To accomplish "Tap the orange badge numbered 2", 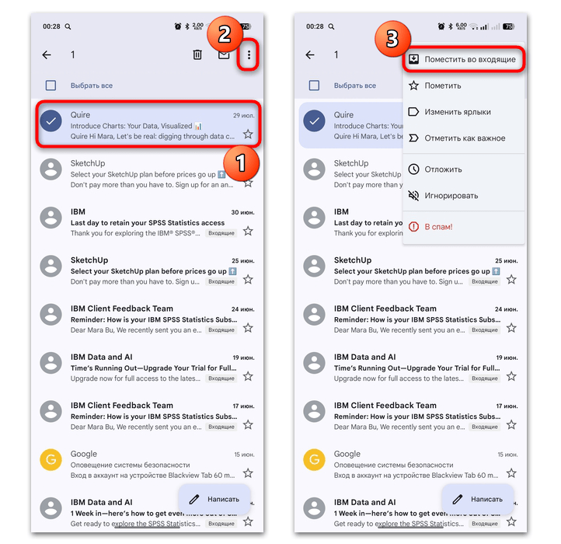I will tap(225, 34).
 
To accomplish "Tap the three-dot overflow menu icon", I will tap(249, 55).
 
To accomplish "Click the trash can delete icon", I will tap(197, 55).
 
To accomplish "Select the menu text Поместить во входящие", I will tap(469, 60).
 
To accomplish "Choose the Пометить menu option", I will tap(443, 85).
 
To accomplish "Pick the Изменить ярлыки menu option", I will tap(457, 112).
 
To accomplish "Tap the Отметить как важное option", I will tap(465, 138).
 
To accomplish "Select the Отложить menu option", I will tap(443, 169).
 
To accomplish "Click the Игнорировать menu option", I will tap(451, 196).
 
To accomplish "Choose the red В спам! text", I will tap(438, 227).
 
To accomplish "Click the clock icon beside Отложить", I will tap(414, 169).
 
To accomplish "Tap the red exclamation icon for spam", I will tap(414, 227).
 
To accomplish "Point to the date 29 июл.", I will tap(242, 115).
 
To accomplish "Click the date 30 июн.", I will tap(242, 212).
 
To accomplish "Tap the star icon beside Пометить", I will tap(414, 85).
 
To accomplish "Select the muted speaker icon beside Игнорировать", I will tap(414, 196).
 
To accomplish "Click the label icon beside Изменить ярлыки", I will tap(414, 112).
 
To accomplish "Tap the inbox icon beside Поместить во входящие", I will tap(414, 59).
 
